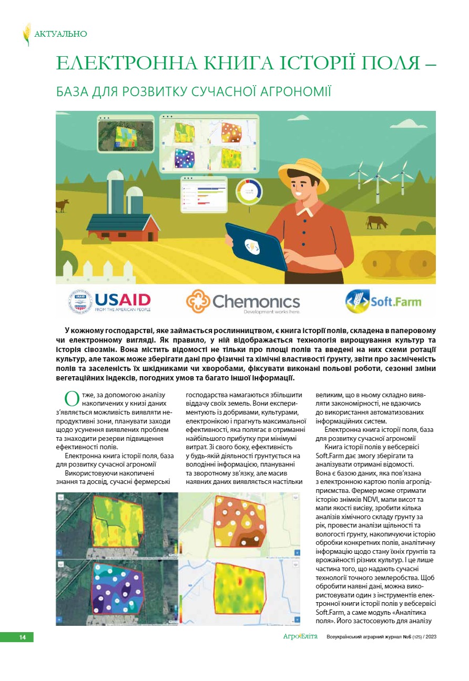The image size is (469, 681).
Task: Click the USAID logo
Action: tap(110, 301)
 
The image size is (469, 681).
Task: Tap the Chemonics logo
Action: tap(243, 302)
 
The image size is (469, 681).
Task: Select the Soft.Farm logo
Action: tap(383, 302)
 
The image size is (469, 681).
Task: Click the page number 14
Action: tap(22, 637)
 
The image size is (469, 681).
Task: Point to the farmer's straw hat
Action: tap(303, 172)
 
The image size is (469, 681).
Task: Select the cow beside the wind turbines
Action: tap(376, 222)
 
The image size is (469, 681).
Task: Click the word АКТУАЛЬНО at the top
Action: tap(60, 34)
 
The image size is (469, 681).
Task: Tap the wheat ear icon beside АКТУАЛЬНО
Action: tap(27, 34)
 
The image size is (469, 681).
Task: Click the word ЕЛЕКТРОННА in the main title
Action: tap(122, 64)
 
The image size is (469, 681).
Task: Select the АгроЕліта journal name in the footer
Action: tap(300, 637)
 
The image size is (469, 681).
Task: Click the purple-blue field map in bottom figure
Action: tap(117, 592)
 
